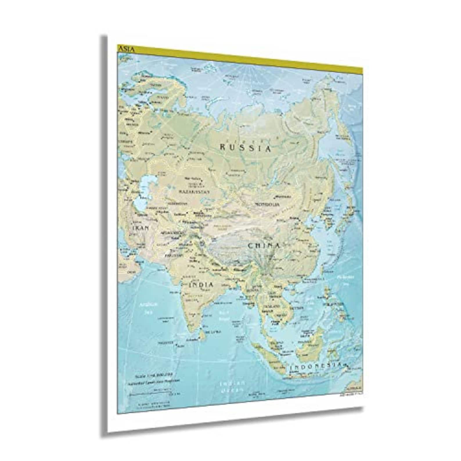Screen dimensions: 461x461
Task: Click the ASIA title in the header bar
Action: (126, 49)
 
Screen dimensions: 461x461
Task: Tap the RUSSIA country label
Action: (245, 148)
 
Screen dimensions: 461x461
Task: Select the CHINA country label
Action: (264, 246)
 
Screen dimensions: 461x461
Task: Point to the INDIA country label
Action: (201, 285)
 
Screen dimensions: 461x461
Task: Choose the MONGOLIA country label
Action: (267, 204)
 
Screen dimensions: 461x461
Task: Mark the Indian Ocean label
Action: (232, 387)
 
